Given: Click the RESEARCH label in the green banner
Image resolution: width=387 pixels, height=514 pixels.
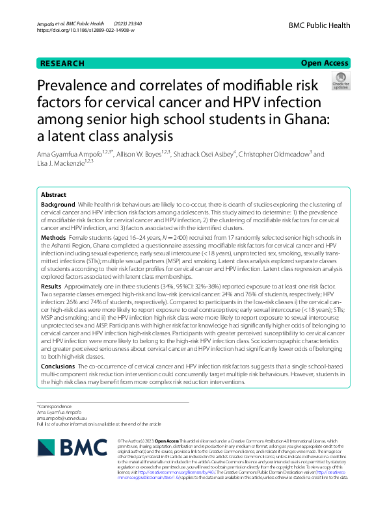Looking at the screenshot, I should coord(62,64).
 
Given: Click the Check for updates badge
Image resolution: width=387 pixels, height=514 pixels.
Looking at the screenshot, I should coord(340,81).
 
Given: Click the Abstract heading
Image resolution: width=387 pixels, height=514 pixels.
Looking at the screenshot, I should coord(53,195).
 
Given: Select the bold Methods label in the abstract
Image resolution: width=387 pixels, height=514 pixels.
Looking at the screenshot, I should coord(53,238).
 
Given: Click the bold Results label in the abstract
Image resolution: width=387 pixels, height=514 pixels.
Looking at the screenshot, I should coord(51,286).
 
